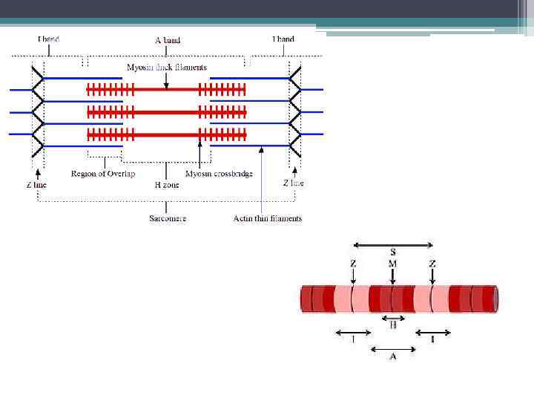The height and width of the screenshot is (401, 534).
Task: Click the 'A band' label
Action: (168, 40)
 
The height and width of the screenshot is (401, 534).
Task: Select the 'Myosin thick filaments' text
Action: (167, 67)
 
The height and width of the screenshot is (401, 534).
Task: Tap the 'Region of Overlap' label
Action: (103, 174)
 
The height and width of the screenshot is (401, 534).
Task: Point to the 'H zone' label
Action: (167, 185)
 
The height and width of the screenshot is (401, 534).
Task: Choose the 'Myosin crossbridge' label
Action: (219, 174)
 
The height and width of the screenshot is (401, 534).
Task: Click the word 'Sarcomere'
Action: (167, 218)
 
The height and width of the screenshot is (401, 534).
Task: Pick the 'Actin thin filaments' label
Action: (268, 218)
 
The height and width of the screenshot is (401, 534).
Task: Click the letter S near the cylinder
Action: (392, 252)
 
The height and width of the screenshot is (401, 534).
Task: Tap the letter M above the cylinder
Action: (392, 263)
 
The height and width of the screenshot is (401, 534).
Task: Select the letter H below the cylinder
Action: (393, 325)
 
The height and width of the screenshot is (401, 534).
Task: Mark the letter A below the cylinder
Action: (392, 356)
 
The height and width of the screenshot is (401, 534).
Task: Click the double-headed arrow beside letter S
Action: (392, 244)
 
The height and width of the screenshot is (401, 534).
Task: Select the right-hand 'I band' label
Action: (283, 39)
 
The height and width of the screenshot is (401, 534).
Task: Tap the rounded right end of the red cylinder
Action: (495, 299)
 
